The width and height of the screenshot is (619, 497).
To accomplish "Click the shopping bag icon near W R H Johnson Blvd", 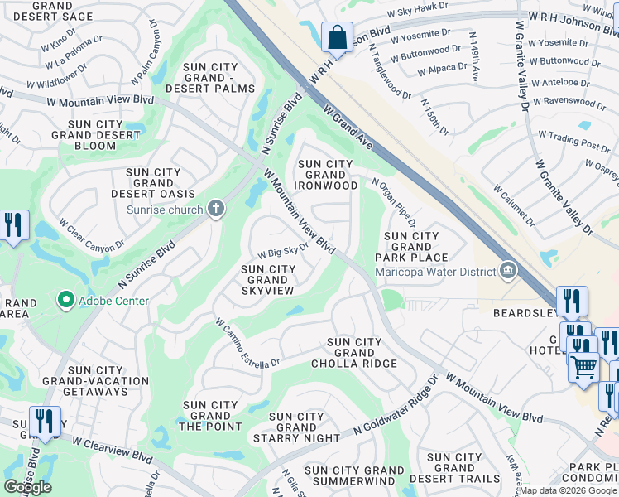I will pos(337,37).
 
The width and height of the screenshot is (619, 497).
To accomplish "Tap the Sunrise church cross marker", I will pos(215,209).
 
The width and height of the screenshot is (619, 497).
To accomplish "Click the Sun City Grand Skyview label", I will pos(268,280).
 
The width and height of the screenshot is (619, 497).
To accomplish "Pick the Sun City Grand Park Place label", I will pos(411,247).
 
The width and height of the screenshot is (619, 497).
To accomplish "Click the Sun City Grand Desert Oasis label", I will pos(161,183).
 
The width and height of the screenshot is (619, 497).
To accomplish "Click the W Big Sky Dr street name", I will pos(283,250).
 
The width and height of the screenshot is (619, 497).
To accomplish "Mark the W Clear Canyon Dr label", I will pos(91,234).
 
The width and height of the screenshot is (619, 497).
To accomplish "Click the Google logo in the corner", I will pos(27,487).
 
